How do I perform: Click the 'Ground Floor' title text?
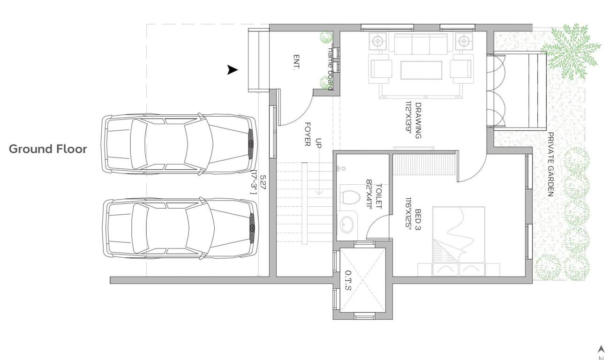[48, 149]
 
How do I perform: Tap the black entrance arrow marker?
[232, 70]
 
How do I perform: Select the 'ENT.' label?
[296, 62]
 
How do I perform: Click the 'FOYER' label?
[308, 134]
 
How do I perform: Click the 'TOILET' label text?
[379, 195]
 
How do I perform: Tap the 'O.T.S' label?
[347, 280]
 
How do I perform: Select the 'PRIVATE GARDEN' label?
[551, 164]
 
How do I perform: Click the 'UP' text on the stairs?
[319, 143]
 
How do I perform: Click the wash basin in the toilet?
[347, 225]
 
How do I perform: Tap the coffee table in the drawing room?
[421, 70]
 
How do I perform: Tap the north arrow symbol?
[601, 349]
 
